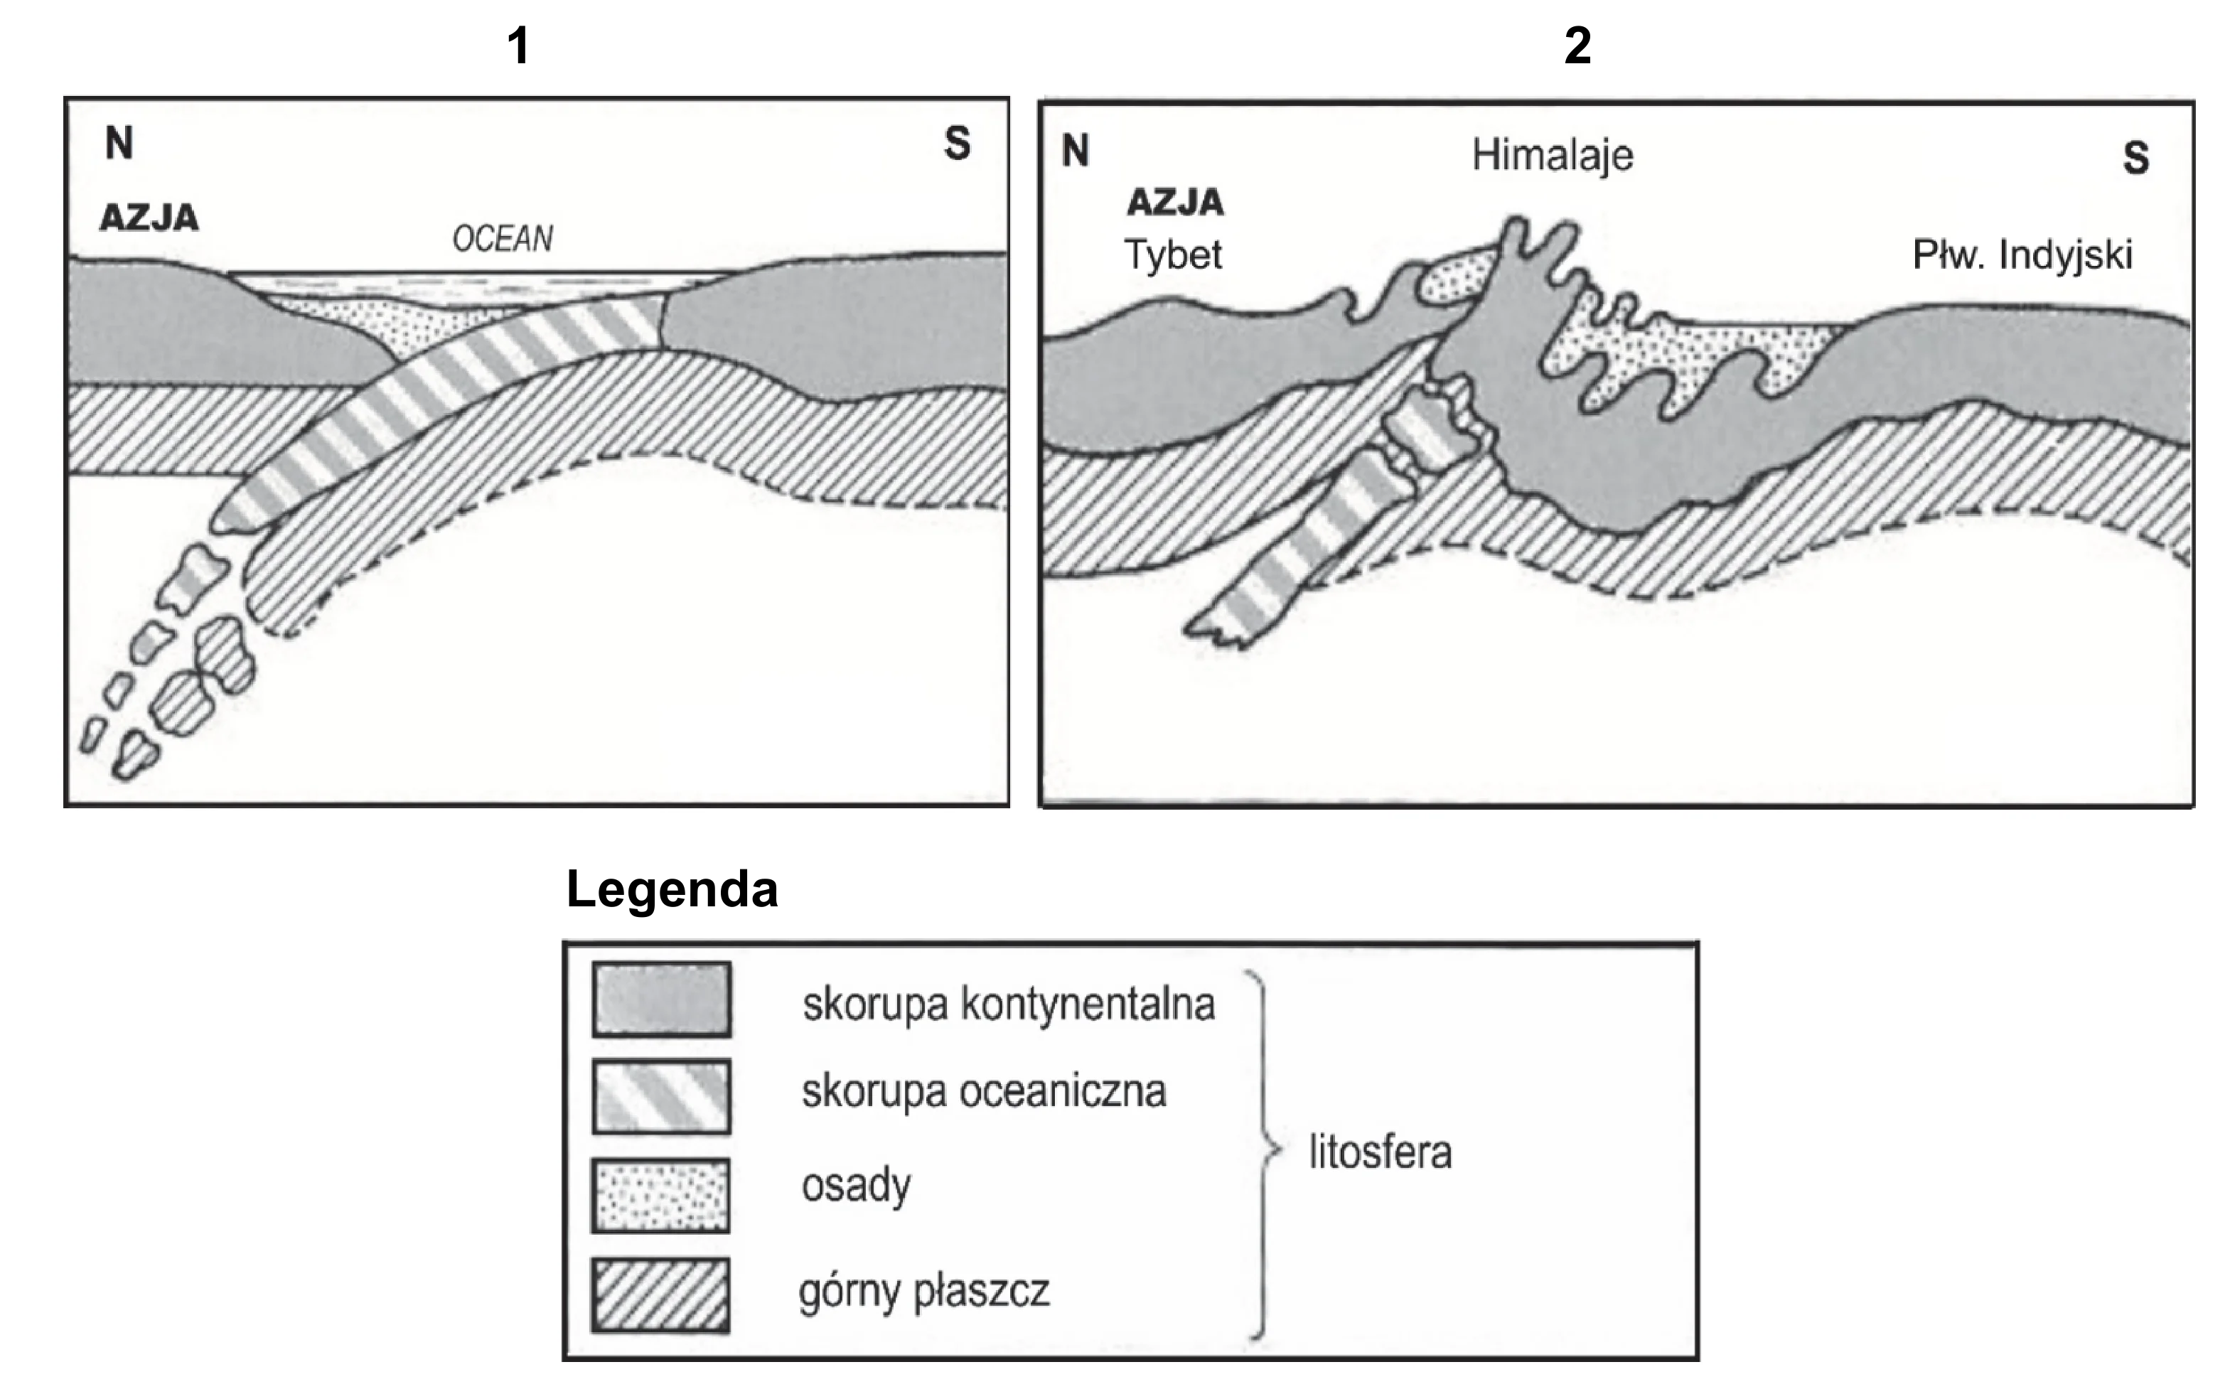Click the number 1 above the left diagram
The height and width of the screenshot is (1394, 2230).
coord(519,45)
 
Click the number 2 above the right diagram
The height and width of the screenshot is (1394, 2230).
coord(1577,45)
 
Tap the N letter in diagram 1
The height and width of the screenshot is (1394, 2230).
coord(119,143)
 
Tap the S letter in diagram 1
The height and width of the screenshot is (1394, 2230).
coord(958,143)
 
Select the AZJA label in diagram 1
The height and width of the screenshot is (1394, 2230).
coord(149,218)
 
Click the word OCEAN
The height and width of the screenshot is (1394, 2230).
coord(503,239)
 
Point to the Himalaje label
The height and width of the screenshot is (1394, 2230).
coord(1553,155)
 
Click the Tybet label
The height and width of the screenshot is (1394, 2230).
coord(1173,254)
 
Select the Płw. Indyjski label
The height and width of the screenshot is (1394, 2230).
coord(2022,255)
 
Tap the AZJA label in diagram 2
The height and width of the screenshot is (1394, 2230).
coord(1175,202)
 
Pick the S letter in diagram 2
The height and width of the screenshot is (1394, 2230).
coord(2136,158)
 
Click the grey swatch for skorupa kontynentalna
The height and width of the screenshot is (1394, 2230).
coord(662,999)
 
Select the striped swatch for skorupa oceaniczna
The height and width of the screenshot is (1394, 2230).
coord(662,1097)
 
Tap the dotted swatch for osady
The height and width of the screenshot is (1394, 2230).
coord(661,1196)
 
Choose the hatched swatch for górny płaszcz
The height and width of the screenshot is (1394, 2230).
coord(661,1295)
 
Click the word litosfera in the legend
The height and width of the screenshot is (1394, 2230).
coord(1380,1152)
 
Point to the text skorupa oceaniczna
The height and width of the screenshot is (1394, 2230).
coord(984,1092)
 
